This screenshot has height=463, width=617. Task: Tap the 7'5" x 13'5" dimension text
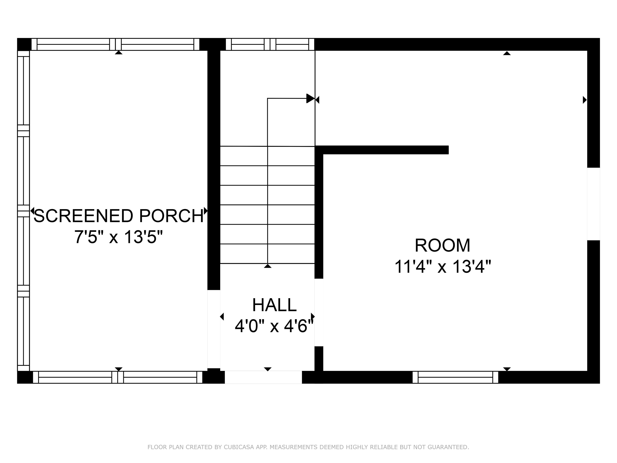118,237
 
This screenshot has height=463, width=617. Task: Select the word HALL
274,305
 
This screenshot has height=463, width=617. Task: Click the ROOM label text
442,245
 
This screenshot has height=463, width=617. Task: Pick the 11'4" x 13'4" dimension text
443,266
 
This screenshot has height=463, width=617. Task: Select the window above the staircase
270,44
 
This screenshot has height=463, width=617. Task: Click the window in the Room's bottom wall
456,377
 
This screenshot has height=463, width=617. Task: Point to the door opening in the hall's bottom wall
263,377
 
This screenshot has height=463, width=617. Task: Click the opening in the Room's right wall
594,204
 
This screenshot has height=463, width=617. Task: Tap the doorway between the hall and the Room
319,312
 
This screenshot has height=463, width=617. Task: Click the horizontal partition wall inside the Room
382,150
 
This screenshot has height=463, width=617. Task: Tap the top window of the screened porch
115,44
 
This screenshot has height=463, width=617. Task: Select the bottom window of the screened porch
117,377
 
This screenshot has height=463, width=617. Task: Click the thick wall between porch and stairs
214,170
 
